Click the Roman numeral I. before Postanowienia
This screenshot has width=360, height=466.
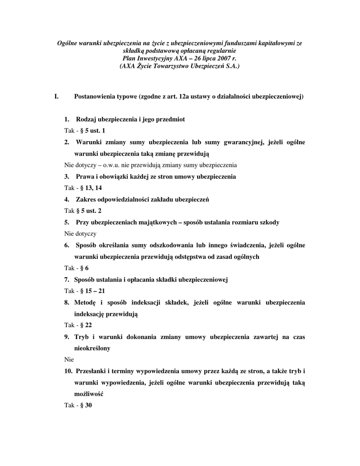(x=56, y=96)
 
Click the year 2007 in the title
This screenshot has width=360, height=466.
(x=221, y=59)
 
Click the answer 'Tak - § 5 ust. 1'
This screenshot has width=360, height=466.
(x=85, y=131)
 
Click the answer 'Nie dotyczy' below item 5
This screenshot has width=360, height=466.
(x=80, y=233)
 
